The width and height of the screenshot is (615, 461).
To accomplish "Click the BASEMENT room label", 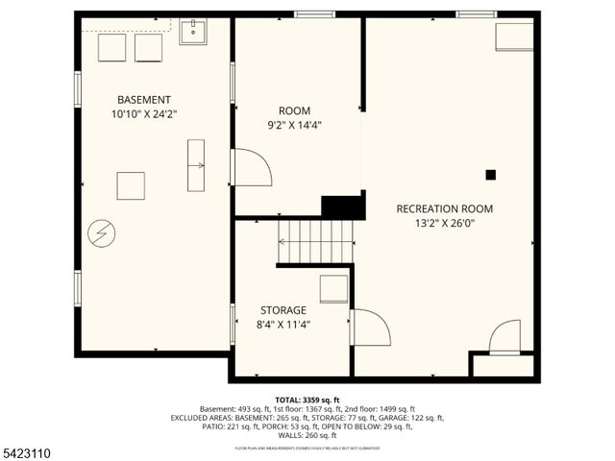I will [x=144, y=100].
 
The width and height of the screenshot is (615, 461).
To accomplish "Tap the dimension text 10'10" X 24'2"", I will [x=144, y=113].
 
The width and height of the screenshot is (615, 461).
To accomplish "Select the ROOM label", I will [x=294, y=110].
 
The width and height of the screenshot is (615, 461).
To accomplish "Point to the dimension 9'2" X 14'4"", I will [x=294, y=124].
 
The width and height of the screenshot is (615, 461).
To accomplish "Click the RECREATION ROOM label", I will [x=445, y=208].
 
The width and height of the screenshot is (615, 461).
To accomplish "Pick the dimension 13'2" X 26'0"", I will [x=445, y=223].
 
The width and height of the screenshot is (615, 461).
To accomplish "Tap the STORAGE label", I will [x=283, y=310].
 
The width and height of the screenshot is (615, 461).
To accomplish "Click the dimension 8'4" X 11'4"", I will [x=283, y=325].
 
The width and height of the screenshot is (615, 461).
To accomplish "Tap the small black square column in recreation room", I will [x=490, y=175].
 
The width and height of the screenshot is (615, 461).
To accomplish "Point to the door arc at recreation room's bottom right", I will [x=505, y=338].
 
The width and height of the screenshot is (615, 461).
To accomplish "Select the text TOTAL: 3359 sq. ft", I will [x=307, y=400].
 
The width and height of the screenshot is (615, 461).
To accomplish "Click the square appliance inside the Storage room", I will [x=333, y=288].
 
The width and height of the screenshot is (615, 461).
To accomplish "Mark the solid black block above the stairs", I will [x=343, y=206].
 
